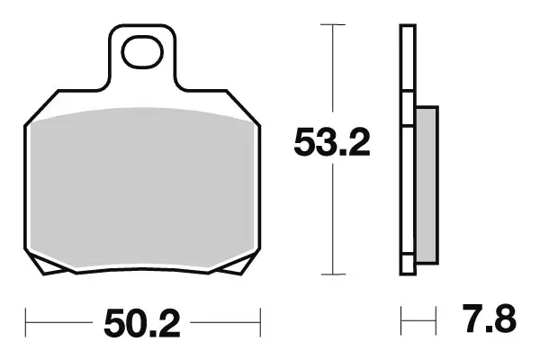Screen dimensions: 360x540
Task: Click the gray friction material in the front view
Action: click(x=143, y=184)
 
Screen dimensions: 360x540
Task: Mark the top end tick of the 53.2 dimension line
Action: click(x=334, y=25)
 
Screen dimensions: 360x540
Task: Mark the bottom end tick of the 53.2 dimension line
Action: click(x=334, y=274)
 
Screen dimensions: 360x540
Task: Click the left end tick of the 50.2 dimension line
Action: click(x=27, y=319)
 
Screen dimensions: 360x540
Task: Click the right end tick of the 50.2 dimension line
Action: click(x=259, y=319)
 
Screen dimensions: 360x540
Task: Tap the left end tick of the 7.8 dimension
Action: click(x=401, y=319)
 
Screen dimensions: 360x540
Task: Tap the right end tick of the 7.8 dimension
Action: click(x=437, y=319)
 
